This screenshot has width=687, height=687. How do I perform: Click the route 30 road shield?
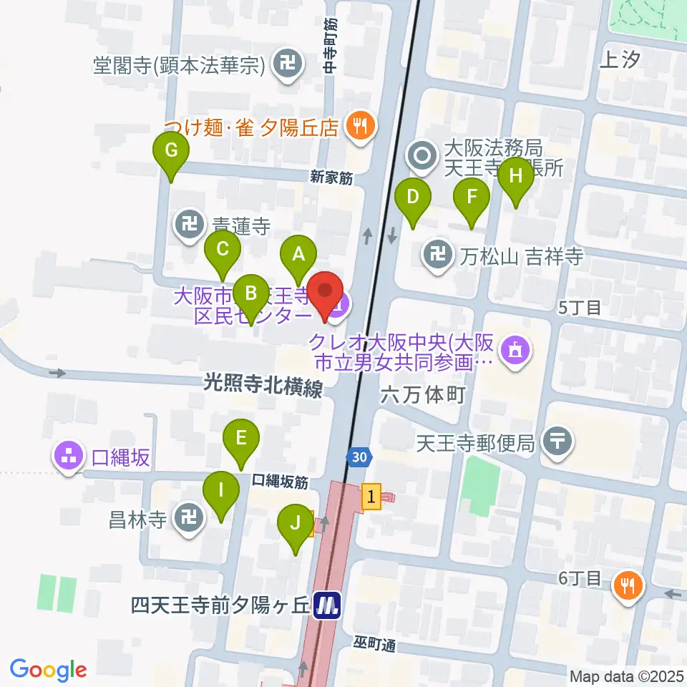[361, 455]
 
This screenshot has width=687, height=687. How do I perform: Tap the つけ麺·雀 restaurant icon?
[357, 127]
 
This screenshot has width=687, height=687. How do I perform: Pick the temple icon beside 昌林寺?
[190, 518]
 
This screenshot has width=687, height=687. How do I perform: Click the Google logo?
[48, 670]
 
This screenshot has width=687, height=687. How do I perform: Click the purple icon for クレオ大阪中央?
[514, 350]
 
